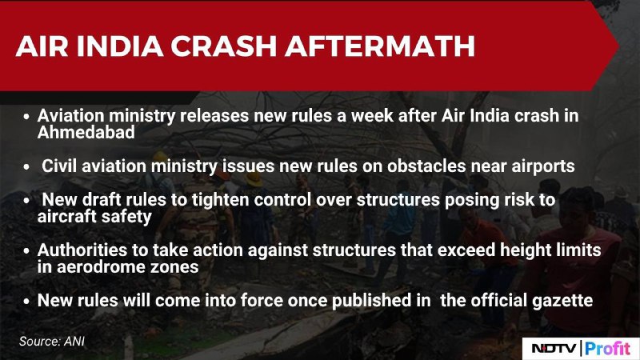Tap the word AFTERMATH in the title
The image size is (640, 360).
380,46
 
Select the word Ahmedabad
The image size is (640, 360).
86,132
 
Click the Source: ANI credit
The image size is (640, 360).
52,342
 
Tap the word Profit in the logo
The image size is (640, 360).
608,349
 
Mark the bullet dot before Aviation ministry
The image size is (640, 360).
26,117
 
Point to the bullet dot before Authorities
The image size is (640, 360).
26,251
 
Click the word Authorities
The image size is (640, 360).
82,250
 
